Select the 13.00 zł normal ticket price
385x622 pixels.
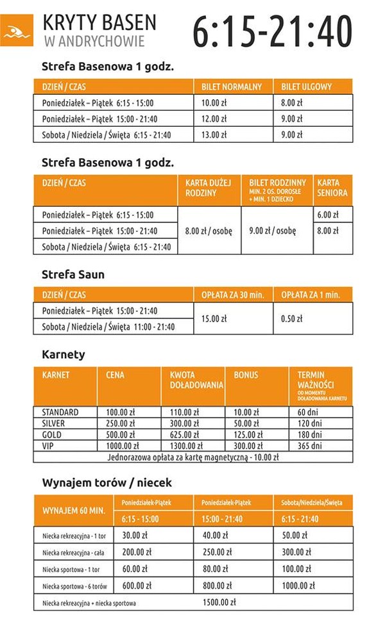point(215,135)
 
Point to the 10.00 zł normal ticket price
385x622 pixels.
point(215,102)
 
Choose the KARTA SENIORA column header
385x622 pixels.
point(332,188)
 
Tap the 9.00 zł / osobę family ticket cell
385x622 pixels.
point(272,231)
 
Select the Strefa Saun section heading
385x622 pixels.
point(73,274)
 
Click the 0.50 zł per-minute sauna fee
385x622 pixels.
point(291,318)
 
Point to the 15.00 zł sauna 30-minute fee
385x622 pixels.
point(214,318)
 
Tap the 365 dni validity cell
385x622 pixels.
point(310,446)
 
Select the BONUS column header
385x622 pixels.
point(246,375)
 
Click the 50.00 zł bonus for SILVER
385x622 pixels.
point(246,423)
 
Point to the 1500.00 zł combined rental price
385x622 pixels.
point(219,602)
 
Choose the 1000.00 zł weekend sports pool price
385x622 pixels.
point(298,585)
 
